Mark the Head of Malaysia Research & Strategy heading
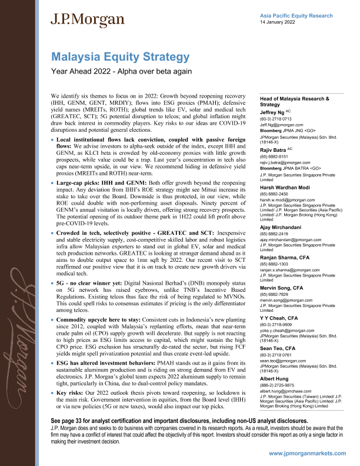tap(294, 101)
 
